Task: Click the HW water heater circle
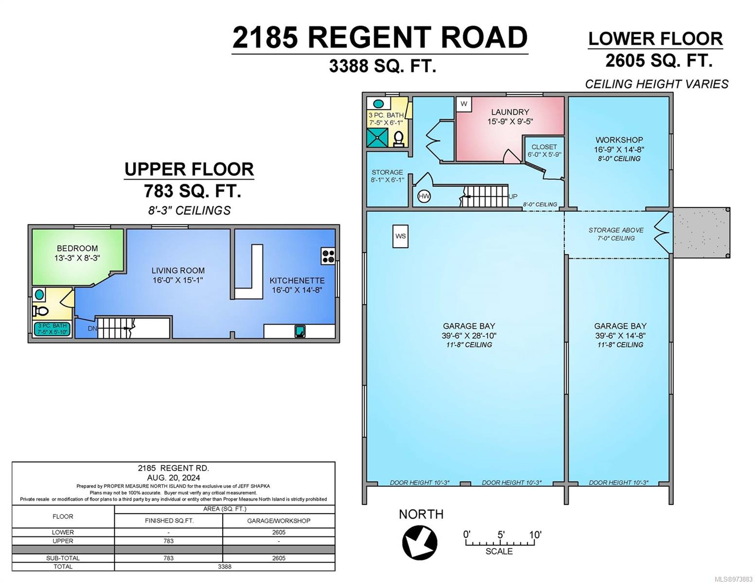pyautogui.click(x=423, y=197)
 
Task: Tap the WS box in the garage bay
pyautogui.click(x=400, y=236)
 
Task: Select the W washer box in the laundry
pyautogui.click(x=464, y=104)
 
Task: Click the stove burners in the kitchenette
pyautogui.click(x=328, y=256)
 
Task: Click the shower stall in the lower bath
pyautogui.click(x=377, y=137)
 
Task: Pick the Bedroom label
pyautogui.click(x=77, y=248)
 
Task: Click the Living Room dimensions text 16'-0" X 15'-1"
pyautogui.click(x=178, y=280)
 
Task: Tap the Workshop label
pyautogui.click(x=619, y=139)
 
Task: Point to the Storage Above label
pyautogui.click(x=615, y=230)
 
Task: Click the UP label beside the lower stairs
pyautogui.click(x=513, y=196)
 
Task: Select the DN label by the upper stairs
pyautogui.click(x=92, y=328)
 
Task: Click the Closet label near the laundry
pyautogui.click(x=544, y=147)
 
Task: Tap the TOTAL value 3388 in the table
pyautogui.click(x=225, y=566)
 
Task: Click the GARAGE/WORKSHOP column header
pyautogui.click(x=279, y=520)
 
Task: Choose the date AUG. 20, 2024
pyautogui.click(x=174, y=478)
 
